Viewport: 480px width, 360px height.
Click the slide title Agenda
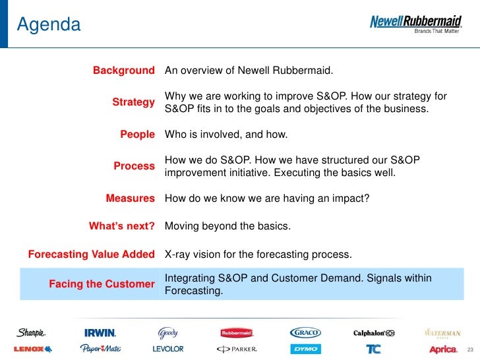point(49,25)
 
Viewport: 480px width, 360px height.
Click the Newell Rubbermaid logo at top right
point(415,23)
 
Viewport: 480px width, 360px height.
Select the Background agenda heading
point(123,71)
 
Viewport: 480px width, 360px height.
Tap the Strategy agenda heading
point(133,102)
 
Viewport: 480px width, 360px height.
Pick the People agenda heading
point(137,135)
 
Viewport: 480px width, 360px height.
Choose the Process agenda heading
point(134,166)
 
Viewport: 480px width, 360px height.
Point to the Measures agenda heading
point(130,198)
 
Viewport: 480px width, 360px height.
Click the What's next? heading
point(122,226)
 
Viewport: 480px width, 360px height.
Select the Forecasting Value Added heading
point(91,255)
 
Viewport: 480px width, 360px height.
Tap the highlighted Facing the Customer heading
point(102,284)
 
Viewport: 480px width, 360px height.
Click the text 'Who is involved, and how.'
point(225,135)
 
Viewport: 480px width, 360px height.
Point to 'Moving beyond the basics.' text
point(227,226)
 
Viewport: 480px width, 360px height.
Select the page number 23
point(469,349)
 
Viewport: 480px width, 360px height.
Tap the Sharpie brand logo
point(31,333)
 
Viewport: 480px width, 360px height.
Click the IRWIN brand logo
point(100,333)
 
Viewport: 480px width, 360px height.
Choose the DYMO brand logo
point(305,349)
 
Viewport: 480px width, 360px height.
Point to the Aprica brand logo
point(442,349)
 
